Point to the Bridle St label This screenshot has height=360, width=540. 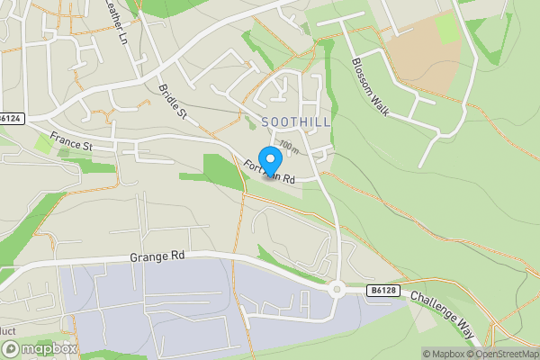pos(171,103)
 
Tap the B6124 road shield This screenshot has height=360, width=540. pos(10,118)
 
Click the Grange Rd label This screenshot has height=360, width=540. pos(157,256)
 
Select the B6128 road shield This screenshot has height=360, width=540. pos(382,291)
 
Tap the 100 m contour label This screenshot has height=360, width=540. pos(288,144)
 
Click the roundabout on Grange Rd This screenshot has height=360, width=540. pos(338,289)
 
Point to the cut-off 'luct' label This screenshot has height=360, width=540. pos(7,331)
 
